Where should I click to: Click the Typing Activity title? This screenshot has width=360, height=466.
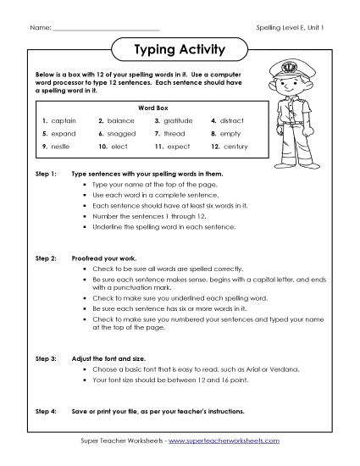tap(180, 50)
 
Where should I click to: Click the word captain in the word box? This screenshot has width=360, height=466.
tap(64, 121)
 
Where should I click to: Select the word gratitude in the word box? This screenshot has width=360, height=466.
tap(180, 121)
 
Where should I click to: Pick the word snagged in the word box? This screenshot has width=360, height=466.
tap(123, 134)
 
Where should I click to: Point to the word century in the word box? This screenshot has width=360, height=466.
tap(235, 147)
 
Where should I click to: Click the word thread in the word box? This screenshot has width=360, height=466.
tap(175, 134)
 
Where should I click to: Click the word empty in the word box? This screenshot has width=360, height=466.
tap(231, 134)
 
